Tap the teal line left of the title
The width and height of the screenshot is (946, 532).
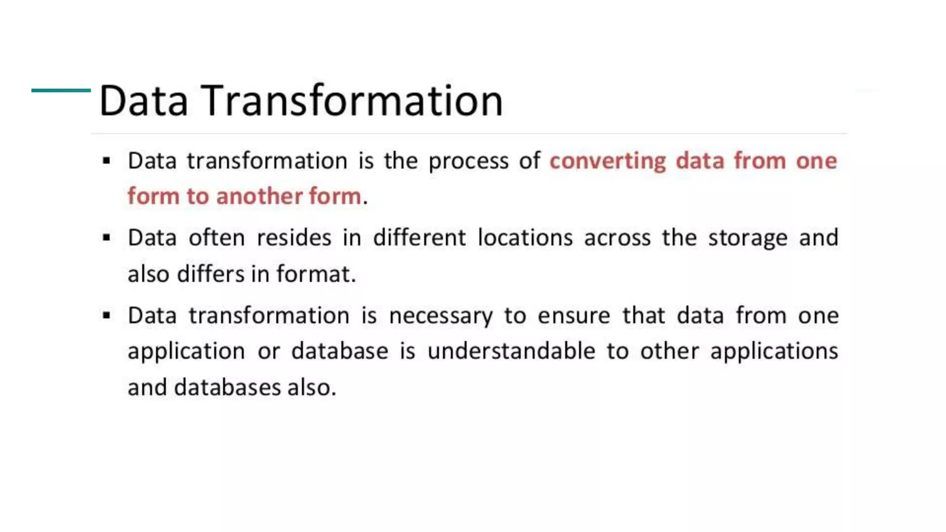[x=61, y=91]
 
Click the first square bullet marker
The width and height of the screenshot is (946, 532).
[x=107, y=161]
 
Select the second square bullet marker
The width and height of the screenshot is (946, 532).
[x=107, y=238]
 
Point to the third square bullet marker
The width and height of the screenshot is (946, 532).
[x=107, y=316]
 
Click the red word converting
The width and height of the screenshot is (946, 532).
[x=607, y=162]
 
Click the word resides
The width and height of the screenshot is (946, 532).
[x=294, y=238]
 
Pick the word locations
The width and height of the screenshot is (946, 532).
[x=525, y=238]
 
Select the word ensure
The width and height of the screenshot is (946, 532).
[x=574, y=316]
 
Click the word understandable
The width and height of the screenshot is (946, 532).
[x=511, y=351]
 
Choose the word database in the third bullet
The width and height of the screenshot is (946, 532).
[x=340, y=351]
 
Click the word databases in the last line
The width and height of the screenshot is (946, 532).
[x=227, y=387]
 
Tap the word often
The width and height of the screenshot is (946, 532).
[x=217, y=238]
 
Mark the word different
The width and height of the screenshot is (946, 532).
[x=419, y=238]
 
